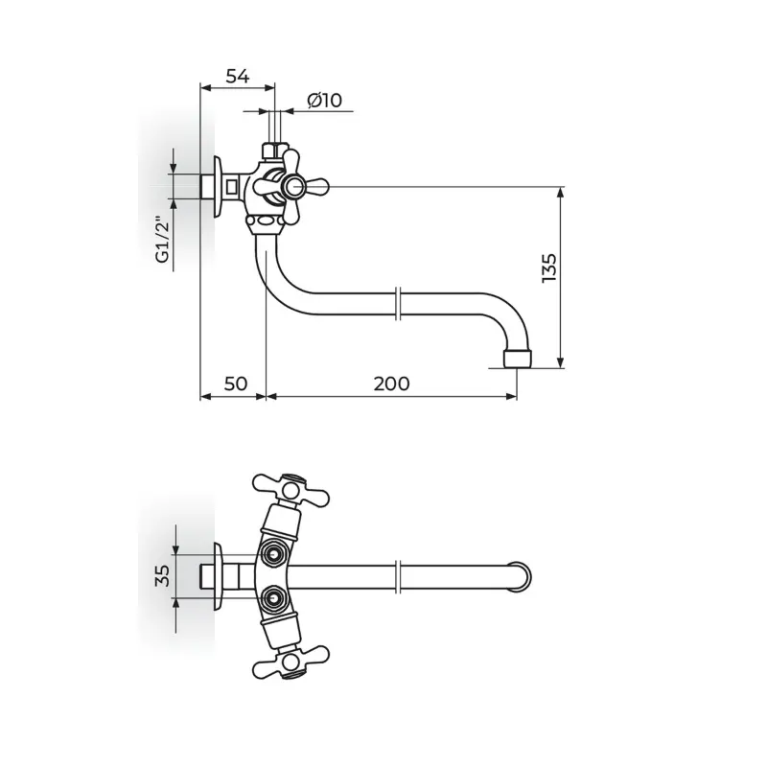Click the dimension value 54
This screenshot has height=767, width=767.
[238, 77]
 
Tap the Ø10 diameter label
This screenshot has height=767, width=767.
[325, 101]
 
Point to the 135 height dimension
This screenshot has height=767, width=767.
[548, 267]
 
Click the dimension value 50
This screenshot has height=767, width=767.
[236, 383]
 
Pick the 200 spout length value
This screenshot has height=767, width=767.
[392, 383]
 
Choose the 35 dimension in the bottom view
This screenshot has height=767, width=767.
[162, 575]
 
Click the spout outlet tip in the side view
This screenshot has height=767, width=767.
[518, 359]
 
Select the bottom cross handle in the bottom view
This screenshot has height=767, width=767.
[291, 661]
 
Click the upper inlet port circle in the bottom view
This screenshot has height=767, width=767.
[272, 553]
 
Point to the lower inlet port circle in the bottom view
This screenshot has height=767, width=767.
[272, 597]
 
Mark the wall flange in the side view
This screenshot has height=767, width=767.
[219, 186]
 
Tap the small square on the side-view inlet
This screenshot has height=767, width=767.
[232, 186]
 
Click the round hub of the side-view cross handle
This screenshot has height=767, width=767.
[294, 186]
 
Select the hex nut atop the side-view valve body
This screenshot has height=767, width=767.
[275, 151]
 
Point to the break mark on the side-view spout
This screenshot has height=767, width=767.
[399, 304]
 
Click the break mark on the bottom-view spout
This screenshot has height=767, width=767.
[399, 576]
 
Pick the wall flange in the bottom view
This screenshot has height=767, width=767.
[219, 576]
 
